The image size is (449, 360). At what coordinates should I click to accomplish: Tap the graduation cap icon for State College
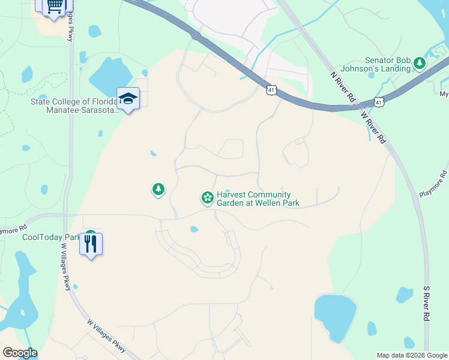(128, 98)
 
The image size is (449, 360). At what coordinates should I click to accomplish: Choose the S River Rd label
(427, 302)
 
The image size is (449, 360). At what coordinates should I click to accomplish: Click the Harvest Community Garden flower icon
(207, 197)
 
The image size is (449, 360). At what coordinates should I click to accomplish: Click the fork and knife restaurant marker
(91, 244)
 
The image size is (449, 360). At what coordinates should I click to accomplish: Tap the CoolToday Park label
(51, 237)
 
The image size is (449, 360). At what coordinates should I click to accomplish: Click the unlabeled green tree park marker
(158, 190)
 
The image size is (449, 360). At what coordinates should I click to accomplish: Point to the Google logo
(20, 353)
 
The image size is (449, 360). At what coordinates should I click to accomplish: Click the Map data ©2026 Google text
(411, 355)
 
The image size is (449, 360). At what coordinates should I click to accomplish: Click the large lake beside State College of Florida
(109, 78)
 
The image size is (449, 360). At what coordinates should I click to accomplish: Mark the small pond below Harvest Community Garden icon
(194, 229)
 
